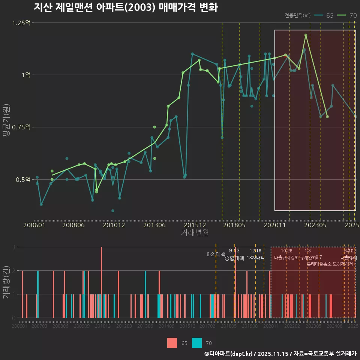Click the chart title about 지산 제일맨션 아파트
126,8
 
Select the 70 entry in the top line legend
347,15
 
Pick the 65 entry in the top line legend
324,15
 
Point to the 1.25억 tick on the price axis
21,23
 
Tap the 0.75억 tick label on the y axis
21,127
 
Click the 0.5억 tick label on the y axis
23,180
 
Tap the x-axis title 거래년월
195,233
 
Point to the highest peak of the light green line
306,35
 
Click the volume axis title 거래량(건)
6,282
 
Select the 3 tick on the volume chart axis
13,247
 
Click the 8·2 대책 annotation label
216,254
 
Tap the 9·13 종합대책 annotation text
234,255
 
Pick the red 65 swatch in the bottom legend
172,343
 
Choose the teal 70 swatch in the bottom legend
197,343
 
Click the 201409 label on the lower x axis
166,327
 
